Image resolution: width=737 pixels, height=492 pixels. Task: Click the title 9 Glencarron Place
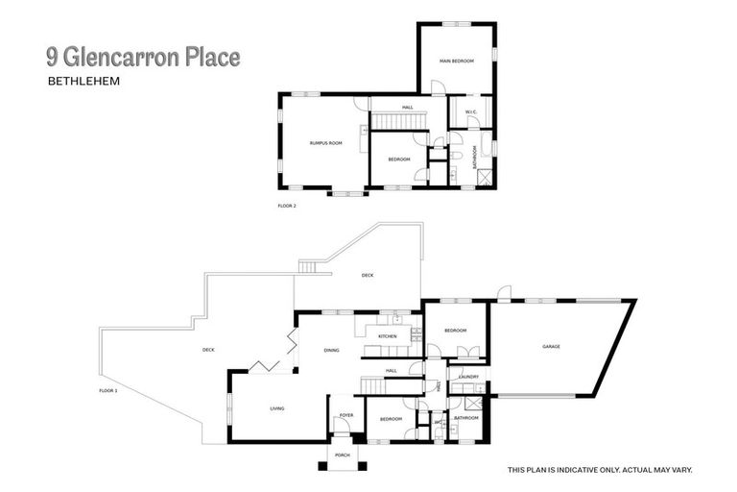(x=143, y=59)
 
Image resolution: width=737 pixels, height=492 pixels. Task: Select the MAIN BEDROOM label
(x=457, y=61)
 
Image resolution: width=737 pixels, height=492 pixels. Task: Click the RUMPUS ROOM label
(x=325, y=142)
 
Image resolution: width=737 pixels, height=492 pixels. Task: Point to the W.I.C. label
(x=470, y=112)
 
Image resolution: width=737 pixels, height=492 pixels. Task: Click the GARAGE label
(x=551, y=346)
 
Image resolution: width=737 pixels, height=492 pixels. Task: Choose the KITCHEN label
(x=387, y=336)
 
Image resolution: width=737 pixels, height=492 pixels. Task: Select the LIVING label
(x=276, y=408)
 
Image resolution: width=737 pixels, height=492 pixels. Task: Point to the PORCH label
(x=342, y=455)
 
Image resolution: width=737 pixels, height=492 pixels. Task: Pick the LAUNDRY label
(x=468, y=377)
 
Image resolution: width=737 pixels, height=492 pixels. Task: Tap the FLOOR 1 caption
(x=108, y=390)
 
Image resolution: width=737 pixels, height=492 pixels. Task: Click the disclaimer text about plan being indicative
(x=600, y=470)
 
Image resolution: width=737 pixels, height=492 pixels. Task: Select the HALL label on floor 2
(x=408, y=107)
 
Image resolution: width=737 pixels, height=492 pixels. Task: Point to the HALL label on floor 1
(x=391, y=370)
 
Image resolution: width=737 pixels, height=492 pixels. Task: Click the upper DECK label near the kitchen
(x=367, y=275)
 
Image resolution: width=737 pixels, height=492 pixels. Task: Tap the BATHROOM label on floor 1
(x=466, y=418)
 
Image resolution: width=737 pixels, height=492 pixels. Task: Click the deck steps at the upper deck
(x=307, y=268)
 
